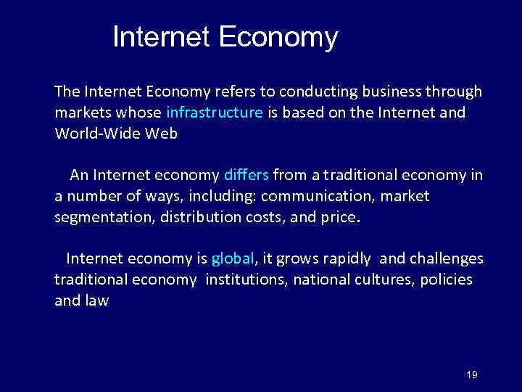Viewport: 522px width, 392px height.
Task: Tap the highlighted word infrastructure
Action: [215, 113]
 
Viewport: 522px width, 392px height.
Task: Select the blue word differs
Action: [246, 175]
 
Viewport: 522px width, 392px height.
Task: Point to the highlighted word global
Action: [233, 258]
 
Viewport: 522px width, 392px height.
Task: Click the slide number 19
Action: [472, 375]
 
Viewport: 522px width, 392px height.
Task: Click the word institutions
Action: [246, 279]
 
